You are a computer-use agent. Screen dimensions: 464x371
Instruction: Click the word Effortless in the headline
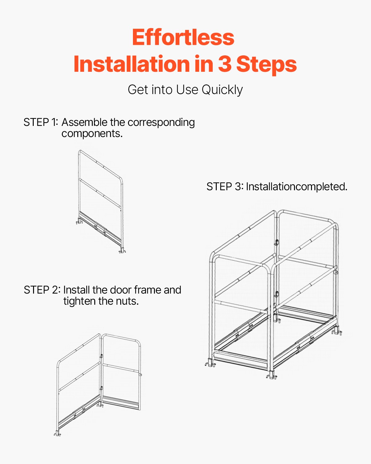click(x=183, y=37)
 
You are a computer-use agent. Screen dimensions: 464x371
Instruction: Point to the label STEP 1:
click(x=41, y=122)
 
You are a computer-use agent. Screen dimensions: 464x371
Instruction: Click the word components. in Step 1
click(x=92, y=134)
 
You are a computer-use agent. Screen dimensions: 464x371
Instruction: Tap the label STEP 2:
click(x=42, y=290)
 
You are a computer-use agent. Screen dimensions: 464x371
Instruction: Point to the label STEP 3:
click(x=225, y=187)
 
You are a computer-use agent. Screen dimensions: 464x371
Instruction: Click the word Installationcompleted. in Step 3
click(x=297, y=187)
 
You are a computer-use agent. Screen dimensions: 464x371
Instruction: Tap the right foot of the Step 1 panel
click(x=122, y=251)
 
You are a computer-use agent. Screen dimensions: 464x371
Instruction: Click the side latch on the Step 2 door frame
click(x=140, y=375)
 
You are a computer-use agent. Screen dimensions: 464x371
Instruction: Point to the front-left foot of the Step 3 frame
click(x=210, y=363)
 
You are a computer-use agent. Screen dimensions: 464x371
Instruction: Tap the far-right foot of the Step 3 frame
click(x=337, y=332)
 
